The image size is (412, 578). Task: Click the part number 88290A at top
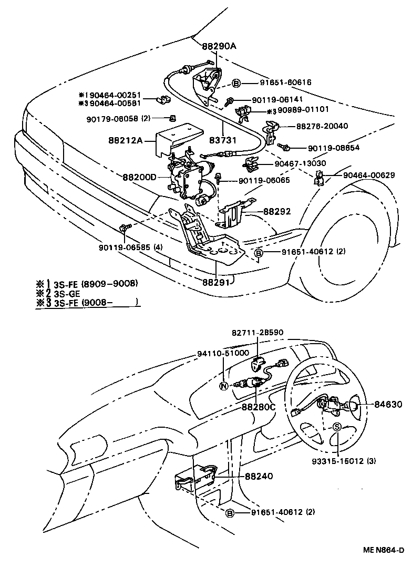[x=219, y=46]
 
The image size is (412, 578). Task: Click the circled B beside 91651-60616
[x=236, y=83]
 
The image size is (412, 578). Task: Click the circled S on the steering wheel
[x=337, y=427]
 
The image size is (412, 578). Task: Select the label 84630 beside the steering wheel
[x=388, y=405]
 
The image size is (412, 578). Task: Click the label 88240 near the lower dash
[x=259, y=476]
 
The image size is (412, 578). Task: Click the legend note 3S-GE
[x=64, y=293]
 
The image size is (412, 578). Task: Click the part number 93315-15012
[x=332, y=461]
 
